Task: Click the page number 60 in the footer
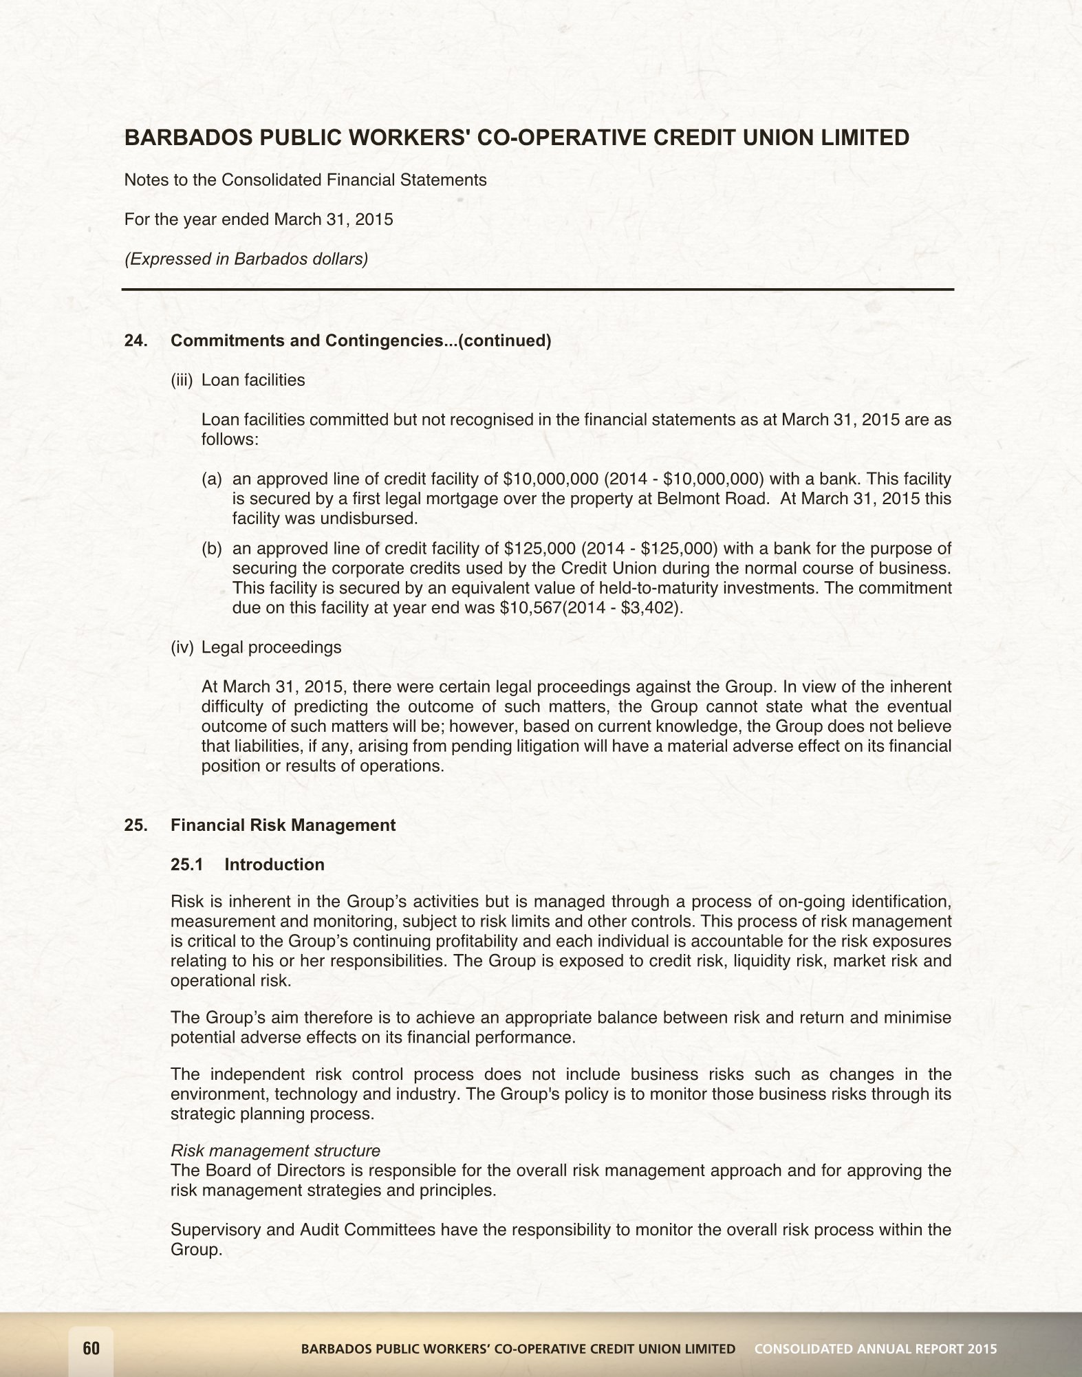91,1349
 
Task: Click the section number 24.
135,341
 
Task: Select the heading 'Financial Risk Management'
283,825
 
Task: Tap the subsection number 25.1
186,865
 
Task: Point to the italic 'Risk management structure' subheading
275,1151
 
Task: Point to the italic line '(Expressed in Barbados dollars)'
246,259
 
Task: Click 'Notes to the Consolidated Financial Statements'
305,180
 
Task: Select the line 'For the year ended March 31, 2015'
259,220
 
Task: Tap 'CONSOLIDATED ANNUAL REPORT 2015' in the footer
876,1349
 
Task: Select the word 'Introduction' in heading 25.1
274,865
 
